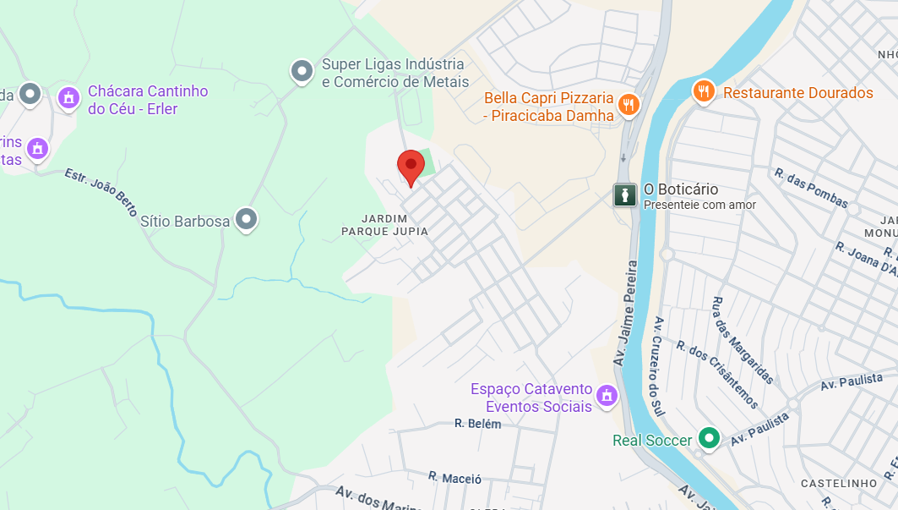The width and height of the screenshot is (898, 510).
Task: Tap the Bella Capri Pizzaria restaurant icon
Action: (628, 105)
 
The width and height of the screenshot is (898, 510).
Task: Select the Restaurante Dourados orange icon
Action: (703, 91)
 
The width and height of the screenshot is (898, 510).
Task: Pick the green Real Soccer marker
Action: (710, 439)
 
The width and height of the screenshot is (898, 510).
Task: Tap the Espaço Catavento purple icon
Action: (606, 395)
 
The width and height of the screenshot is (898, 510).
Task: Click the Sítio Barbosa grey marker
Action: (246, 220)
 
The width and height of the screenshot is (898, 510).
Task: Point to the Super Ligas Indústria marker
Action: (302, 72)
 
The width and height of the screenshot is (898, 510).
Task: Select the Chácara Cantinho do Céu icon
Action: (68, 98)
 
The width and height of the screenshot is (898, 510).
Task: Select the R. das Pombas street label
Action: (811, 187)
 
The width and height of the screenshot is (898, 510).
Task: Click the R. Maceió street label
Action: (454, 478)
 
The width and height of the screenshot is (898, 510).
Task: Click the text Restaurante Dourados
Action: (798, 92)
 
